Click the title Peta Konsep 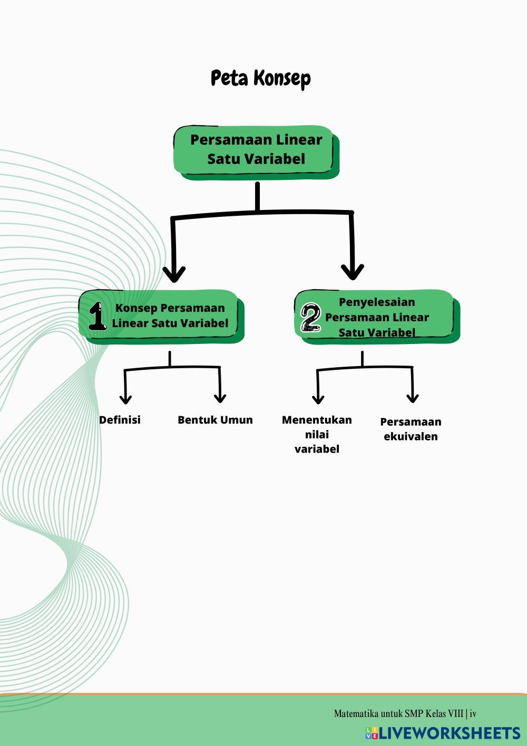coord(261,78)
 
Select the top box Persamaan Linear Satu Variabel coord(256,150)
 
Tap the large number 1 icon coord(97,317)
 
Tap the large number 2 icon coord(310,317)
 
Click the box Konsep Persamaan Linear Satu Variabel coord(170,315)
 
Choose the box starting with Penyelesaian coord(377,317)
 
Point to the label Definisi coord(120,420)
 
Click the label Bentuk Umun coord(215,420)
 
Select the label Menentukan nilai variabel coord(317,434)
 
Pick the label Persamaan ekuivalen coord(411,429)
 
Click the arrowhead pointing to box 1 coord(174,273)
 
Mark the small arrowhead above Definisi coord(125,398)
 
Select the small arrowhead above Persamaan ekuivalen coord(413,397)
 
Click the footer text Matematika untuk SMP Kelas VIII coord(398,714)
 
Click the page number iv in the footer coord(473,714)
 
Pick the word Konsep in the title coord(282,78)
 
